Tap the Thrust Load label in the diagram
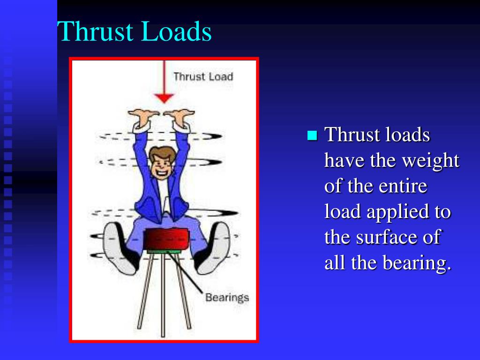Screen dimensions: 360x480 (x=202, y=76)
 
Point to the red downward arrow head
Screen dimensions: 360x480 (x=164, y=98)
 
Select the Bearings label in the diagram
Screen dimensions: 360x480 (x=227, y=297)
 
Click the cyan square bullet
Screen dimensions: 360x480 (x=312, y=136)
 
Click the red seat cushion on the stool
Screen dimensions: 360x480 (x=166, y=238)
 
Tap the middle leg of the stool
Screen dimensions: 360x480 (x=163, y=295)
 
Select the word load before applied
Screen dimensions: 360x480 (x=343, y=211)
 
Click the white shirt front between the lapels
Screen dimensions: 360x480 (x=163, y=192)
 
